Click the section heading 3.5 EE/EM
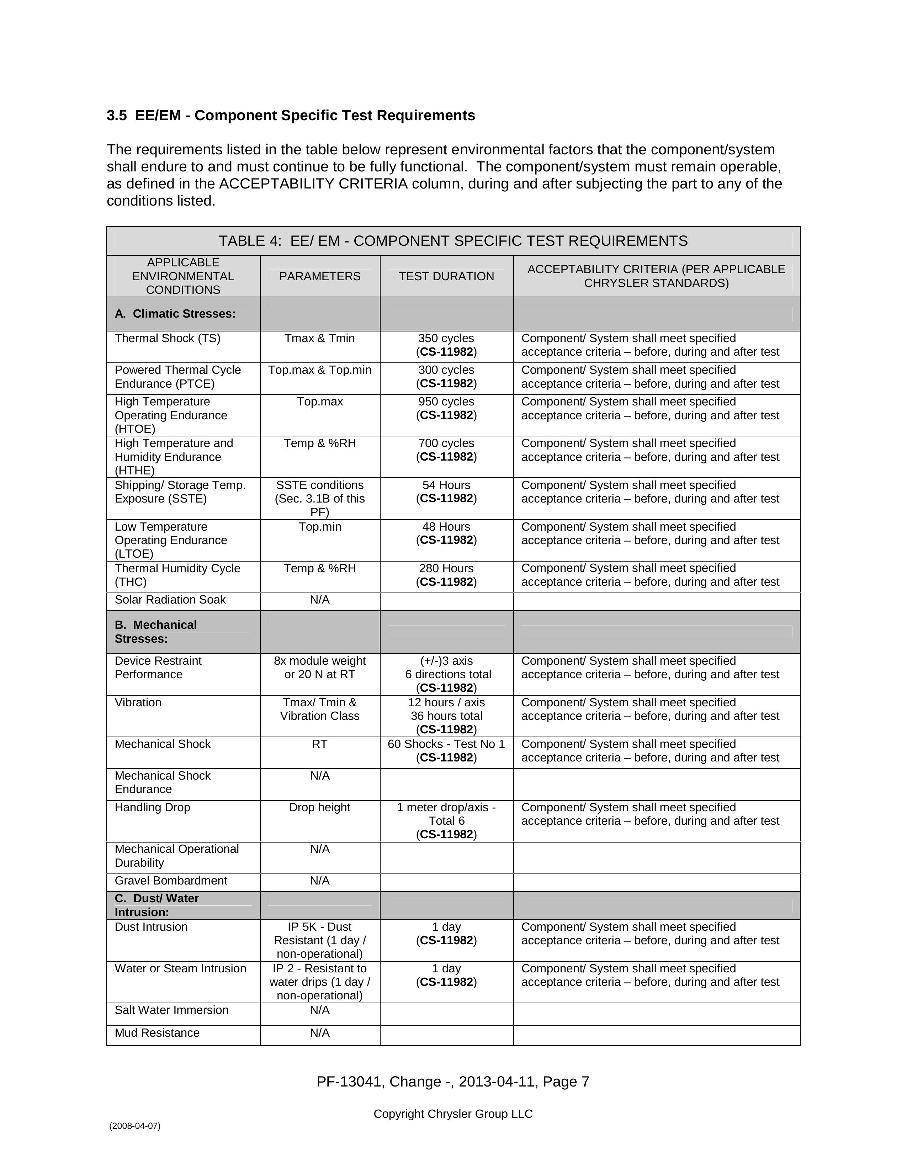(291, 116)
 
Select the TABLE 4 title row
(453, 241)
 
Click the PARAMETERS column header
(320, 276)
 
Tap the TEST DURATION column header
(446, 276)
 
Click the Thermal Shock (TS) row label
(167, 339)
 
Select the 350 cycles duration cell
(446, 345)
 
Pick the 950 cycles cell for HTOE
(446, 409)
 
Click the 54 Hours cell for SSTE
(446, 492)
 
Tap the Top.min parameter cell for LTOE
(320, 527)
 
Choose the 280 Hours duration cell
(446, 575)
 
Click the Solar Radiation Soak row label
(170, 600)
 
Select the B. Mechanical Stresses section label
(156, 632)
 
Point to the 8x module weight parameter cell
(320, 668)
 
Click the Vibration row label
(138, 702)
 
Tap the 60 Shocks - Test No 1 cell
(446, 750)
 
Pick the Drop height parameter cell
(320, 807)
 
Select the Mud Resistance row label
(157, 1032)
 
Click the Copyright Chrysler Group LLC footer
(453, 1114)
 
